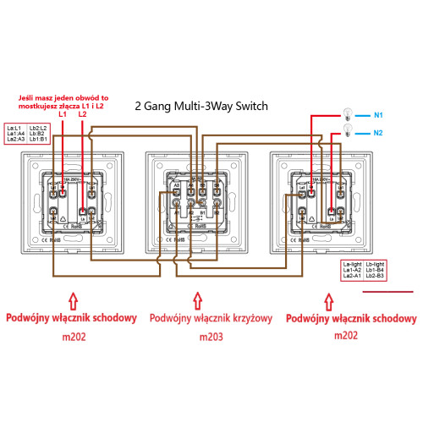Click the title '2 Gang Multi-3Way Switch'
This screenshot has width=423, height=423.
tap(201, 107)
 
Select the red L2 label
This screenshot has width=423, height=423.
tap(82, 113)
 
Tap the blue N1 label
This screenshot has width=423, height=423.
tap(378, 114)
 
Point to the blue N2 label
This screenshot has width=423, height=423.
tap(378, 132)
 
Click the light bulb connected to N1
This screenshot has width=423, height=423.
tap(345, 113)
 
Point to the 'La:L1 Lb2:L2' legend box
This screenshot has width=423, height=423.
tap(27, 132)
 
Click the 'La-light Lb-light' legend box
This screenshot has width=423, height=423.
tap(363, 270)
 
